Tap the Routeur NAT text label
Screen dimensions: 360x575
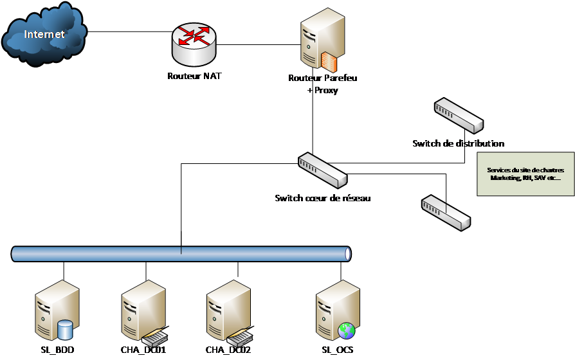pos(194,76)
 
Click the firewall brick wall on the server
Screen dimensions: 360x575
pos(329,60)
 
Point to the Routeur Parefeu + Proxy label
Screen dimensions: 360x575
pos(323,84)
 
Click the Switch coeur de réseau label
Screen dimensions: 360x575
pos(322,198)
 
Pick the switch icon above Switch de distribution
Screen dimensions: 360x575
pos(458,114)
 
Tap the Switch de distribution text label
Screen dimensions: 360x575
pos(458,143)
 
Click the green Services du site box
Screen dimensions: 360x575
pos(525,174)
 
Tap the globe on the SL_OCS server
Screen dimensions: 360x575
pos(347,330)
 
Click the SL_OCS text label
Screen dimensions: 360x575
pos(337,350)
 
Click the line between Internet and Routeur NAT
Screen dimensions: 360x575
pos(129,30)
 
